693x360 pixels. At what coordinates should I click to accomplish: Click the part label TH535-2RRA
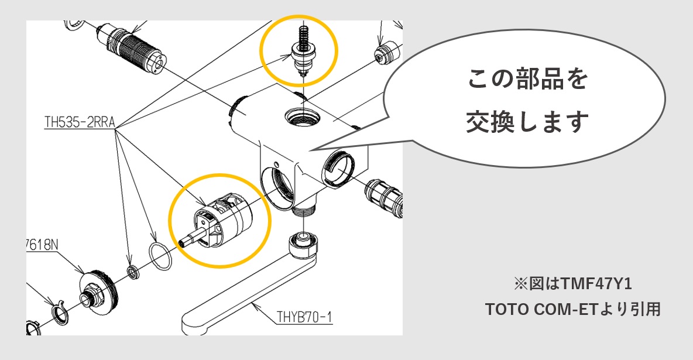click(79, 122)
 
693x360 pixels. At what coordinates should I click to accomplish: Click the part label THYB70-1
click(304, 318)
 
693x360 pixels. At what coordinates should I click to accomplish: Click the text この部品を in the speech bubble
click(527, 79)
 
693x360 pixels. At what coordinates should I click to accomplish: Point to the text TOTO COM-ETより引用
click(573, 309)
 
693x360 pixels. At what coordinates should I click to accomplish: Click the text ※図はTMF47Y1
click(573, 284)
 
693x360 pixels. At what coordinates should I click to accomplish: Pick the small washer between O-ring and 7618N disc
click(133, 271)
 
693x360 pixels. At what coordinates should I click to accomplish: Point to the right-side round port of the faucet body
click(339, 165)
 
